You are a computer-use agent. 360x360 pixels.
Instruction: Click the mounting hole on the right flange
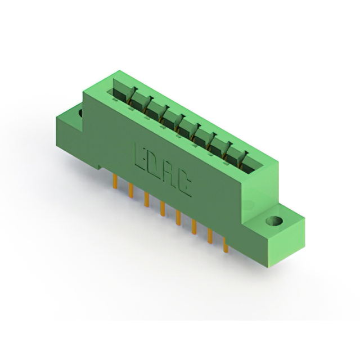coord(274,221)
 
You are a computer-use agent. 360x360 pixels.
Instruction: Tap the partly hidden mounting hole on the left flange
coord(80,112)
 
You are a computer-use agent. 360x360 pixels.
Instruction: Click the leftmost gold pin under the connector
coord(115,181)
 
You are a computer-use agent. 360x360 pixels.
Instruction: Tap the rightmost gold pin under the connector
coord(226,245)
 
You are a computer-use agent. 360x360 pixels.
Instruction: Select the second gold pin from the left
coord(131,190)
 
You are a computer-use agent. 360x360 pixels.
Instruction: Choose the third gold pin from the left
coord(147,199)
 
